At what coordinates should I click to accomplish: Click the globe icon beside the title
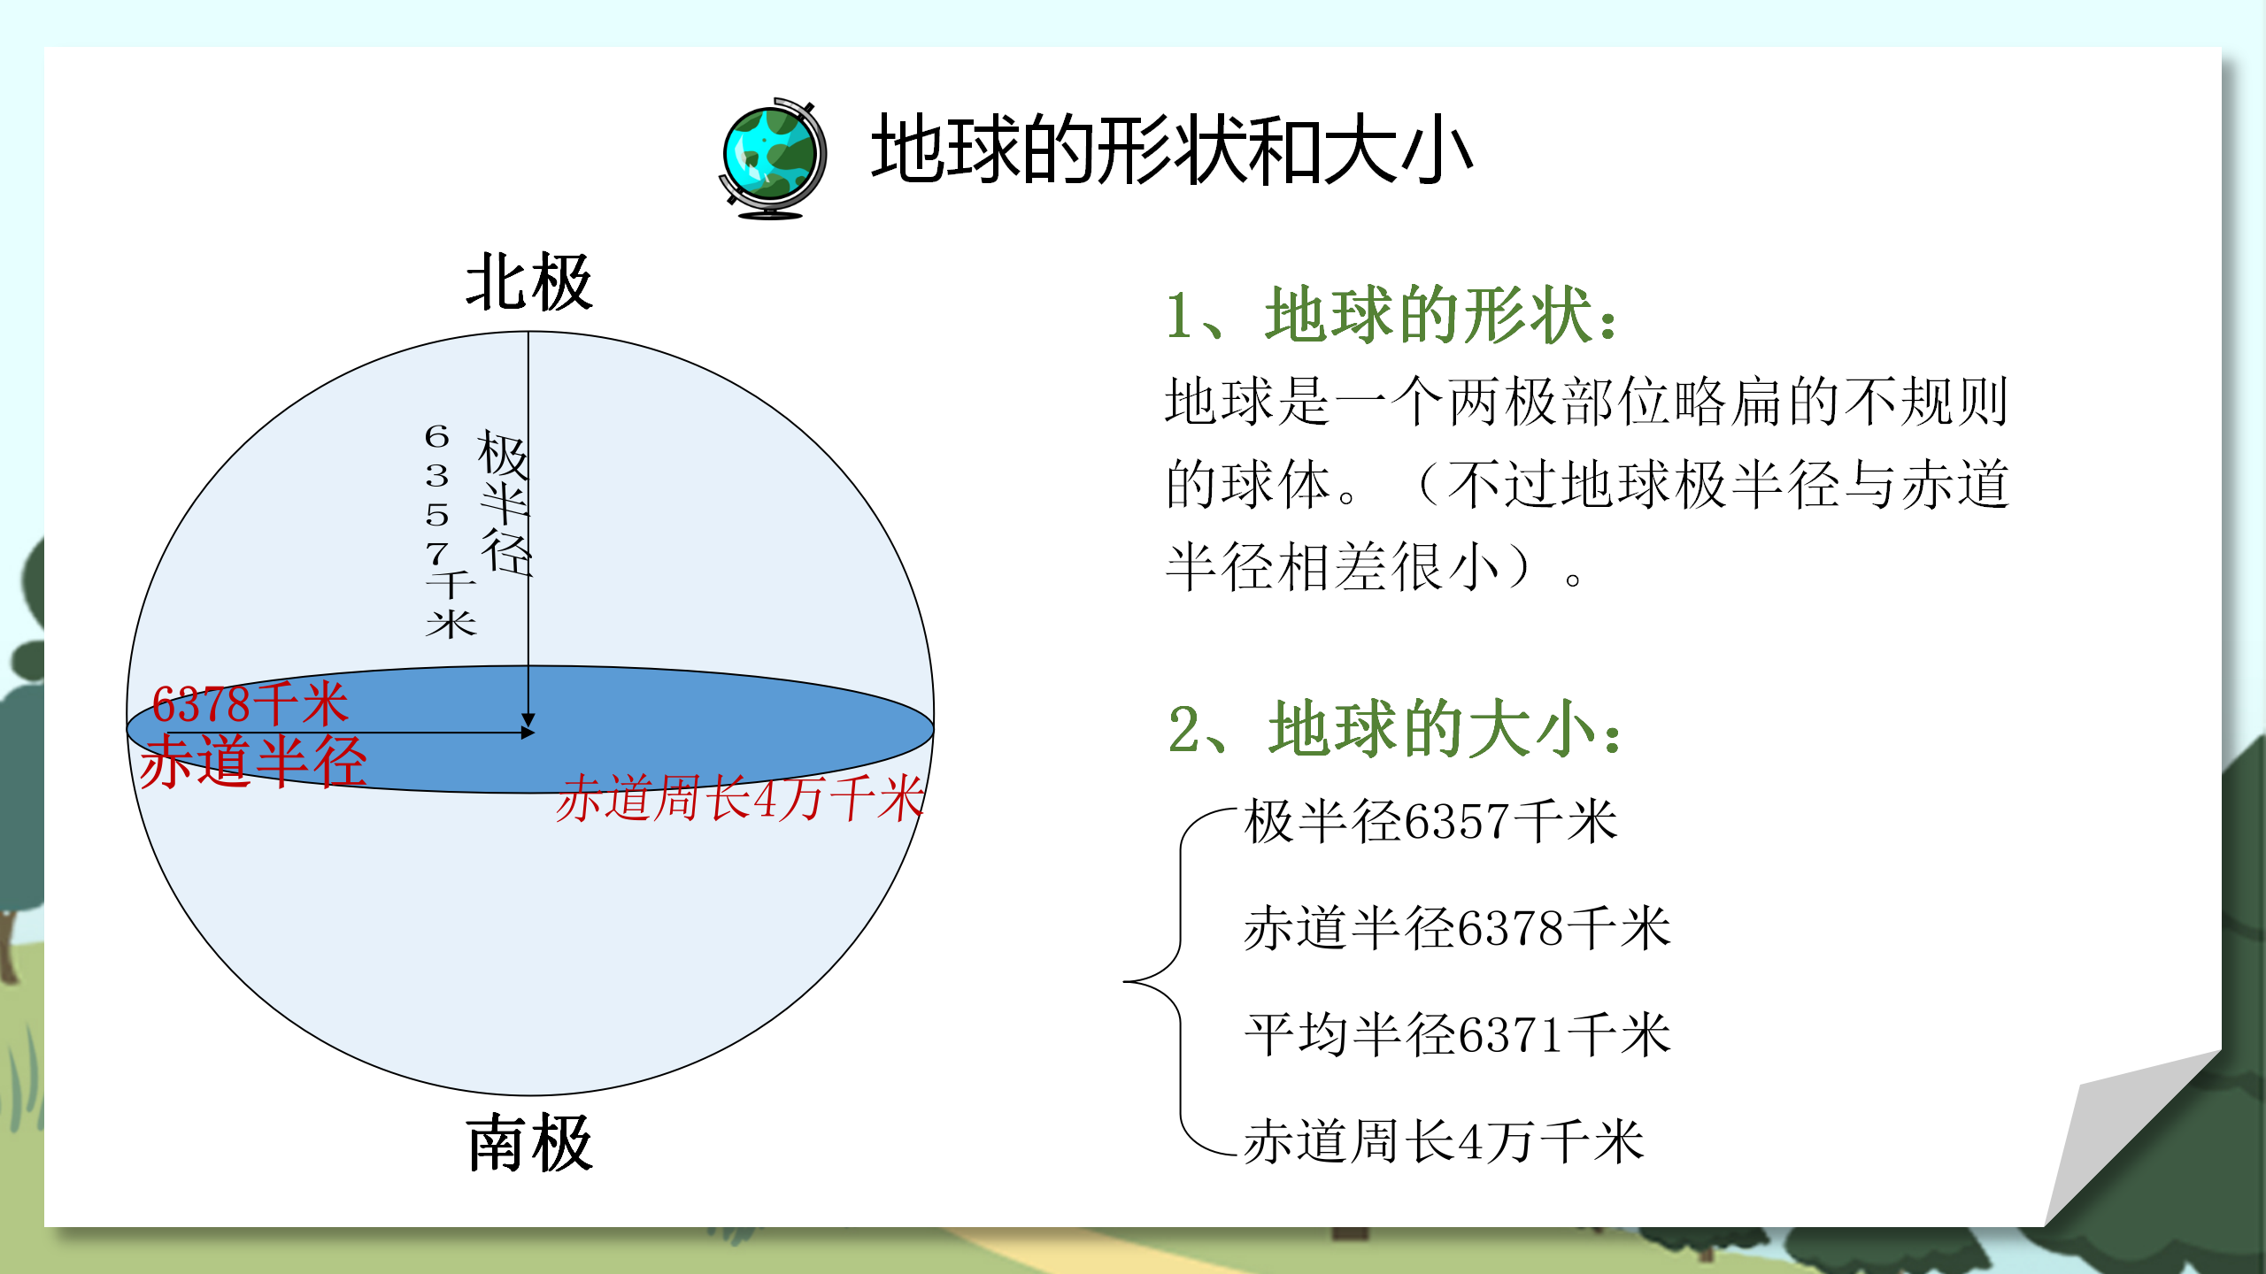tap(773, 158)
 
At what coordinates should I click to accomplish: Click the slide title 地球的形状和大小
tap(1171, 150)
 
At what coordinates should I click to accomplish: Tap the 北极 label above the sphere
tap(528, 283)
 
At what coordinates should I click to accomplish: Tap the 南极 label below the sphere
tap(529, 1143)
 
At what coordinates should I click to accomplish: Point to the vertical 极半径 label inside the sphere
tap(505, 503)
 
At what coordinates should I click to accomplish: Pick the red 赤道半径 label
tap(253, 761)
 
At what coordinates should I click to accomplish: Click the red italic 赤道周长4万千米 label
tap(739, 798)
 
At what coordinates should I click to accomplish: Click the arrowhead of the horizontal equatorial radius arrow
tap(528, 733)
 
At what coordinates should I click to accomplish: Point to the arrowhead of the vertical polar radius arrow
tap(528, 720)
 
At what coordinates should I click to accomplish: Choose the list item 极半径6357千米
tap(1430, 821)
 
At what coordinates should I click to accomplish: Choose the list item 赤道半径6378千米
tap(1457, 928)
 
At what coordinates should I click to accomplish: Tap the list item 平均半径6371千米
tap(1457, 1034)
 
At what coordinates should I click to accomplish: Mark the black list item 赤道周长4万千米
tap(1444, 1141)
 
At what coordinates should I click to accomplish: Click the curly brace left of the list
tap(1168, 981)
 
